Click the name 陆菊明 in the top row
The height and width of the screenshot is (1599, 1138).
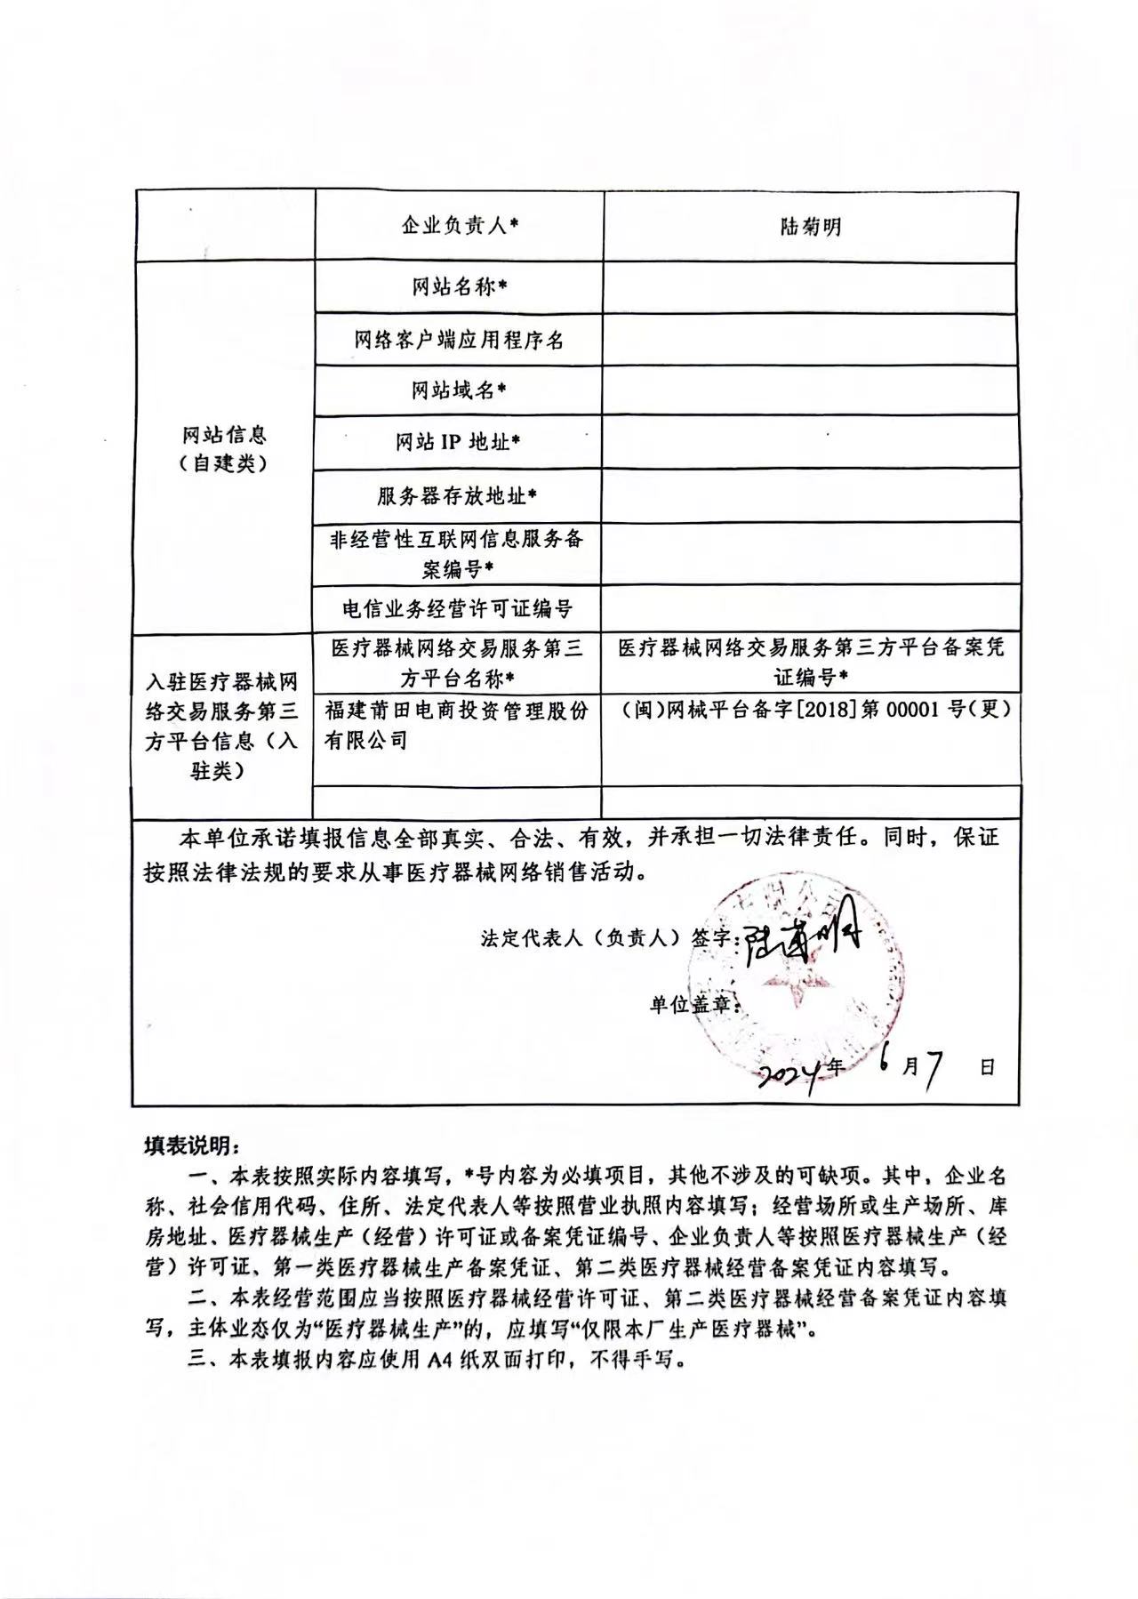pyautogui.click(x=809, y=227)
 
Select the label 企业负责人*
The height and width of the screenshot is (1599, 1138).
pyautogui.click(x=459, y=226)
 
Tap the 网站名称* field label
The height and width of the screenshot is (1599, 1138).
pyautogui.click(x=459, y=287)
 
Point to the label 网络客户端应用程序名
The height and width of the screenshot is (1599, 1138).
pyautogui.click(x=459, y=340)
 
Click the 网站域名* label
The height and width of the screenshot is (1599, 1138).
pyautogui.click(x=459, y=390)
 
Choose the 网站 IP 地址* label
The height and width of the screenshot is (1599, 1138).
pyautogui.click(x=459, y=442)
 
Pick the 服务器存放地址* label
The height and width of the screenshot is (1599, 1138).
pyautogui.click(x=459, y=495)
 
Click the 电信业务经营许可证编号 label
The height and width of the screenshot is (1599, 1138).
pyautogui.click(x=459, y=609)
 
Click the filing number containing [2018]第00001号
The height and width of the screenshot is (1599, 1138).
pyautogui.click(x=811, y=712)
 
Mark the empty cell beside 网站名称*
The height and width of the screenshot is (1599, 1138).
pyautogui.click(x=809, y=287)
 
